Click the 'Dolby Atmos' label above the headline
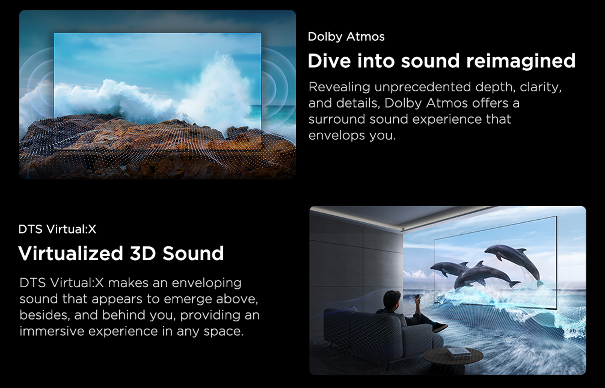click(346, 37)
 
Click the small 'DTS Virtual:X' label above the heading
click(57, 229)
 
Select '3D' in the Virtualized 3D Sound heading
click(143, 254)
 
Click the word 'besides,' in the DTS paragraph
click(45, 315)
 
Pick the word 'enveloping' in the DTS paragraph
click(207, 283)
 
